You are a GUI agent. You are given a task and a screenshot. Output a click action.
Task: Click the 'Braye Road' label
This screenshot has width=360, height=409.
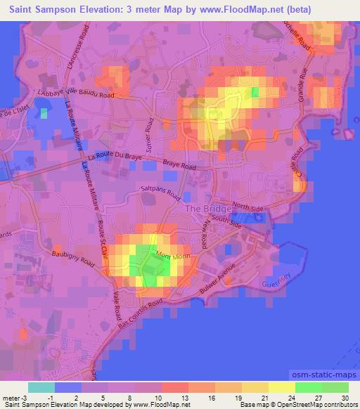pos(179,166)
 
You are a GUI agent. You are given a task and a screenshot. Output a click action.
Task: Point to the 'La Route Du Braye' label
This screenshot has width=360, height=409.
pos(115,155)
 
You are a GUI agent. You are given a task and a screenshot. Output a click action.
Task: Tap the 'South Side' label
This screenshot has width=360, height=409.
pos(226,223)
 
